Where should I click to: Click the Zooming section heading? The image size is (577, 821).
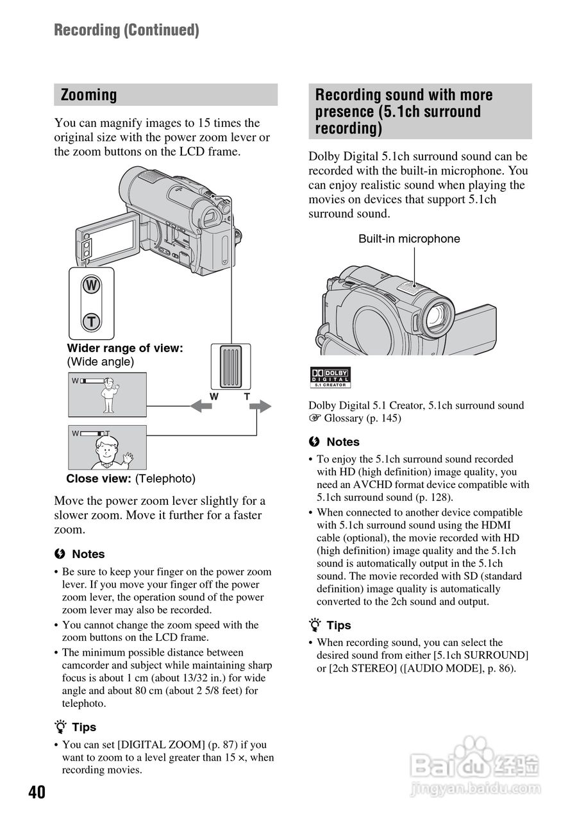pyautogui.click(x=89, y=95)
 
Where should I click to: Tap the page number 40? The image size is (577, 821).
pyautogui.click(x=37, y=793)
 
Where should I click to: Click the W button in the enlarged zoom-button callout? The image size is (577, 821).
pyautogui.click(x=92, y=285)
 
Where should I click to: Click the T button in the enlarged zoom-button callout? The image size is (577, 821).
pyautogui.click(x=92, y=321)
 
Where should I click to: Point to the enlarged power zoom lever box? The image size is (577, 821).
pyautogui.click(x=230, y=366)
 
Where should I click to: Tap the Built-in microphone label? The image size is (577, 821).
pyautogui.click(x=409, y=239)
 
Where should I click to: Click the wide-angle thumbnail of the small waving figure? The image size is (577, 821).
pyautogui.click(x=107, y=394)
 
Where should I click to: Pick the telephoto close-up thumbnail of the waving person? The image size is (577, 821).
pyautogui.click(x=107, y=447)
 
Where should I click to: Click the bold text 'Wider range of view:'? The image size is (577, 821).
pyautogui.click(x=125, y=348)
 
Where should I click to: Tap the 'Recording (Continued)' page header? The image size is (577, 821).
pyautogui.click(x=126, y=30)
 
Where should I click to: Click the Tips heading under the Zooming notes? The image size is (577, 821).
pyautogui.click(x=83, y=727)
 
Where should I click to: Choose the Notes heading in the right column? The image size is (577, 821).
pyautogui.click(x=342, y=442)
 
